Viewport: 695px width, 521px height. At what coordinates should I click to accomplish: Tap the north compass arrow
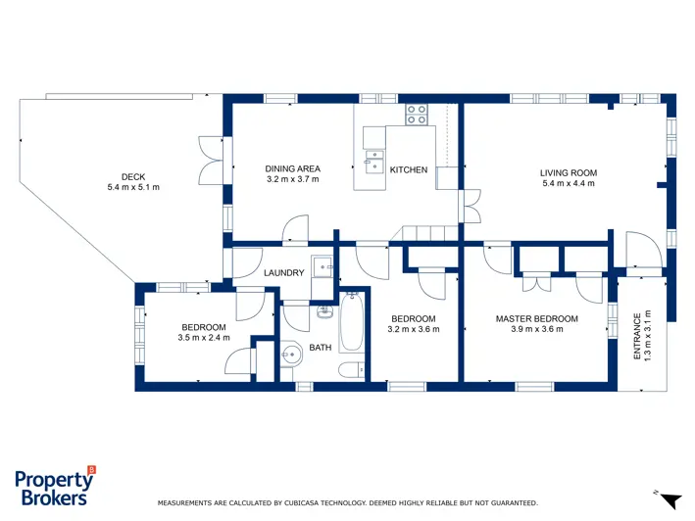(x=670, y=500)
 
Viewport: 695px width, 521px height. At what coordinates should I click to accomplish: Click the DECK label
(x=133, y=177)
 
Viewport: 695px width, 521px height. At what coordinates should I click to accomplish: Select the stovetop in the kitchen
(x=417, y=115)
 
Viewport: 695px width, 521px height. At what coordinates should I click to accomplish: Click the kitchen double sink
(x=374, y=163)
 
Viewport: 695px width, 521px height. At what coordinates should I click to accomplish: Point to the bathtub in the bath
(x=352, y=322)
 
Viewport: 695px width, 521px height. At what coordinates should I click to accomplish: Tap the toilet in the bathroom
(x=352, y=369)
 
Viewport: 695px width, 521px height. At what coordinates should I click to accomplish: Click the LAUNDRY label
(x=284, y=272)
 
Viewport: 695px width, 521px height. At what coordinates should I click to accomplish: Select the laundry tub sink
(x=323, y=266)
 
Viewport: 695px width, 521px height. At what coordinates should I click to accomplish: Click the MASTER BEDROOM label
(x=537, y=318)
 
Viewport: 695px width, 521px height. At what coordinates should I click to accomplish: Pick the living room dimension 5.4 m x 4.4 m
(x=569, y=183)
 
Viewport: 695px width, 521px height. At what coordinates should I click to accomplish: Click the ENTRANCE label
(x=637, y=337)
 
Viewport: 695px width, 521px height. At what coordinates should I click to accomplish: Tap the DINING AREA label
(x=292, y=168)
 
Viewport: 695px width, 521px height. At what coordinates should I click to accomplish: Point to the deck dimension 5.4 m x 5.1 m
(x=133, y=187)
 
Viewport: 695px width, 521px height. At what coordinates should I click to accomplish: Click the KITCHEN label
(x=409, y=170)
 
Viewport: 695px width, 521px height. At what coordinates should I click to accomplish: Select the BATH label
(x=321, y=348)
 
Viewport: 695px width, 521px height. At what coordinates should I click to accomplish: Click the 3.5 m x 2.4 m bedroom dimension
(x=204, y=338)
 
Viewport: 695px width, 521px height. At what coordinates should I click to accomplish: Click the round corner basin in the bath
(x=291, y=354)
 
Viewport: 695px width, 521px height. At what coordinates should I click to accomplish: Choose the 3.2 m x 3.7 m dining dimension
(x=292, y=179)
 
